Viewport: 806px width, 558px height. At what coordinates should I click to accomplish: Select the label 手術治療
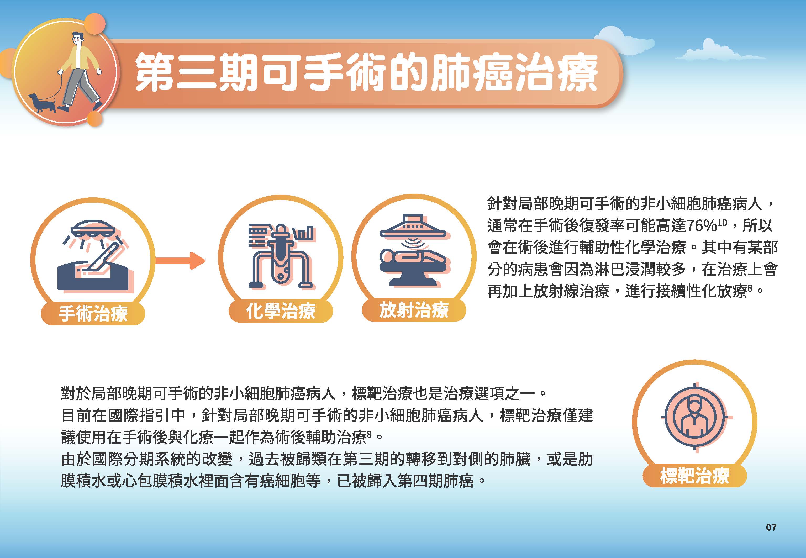coord(93,313)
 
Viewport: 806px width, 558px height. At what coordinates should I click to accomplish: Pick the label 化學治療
coord(281,311)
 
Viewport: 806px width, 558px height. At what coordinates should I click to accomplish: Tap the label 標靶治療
coord(694,476)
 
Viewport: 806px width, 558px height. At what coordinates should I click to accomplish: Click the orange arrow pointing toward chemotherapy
coord(180,260)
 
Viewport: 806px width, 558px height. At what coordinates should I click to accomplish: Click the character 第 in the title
coord(156,72)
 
